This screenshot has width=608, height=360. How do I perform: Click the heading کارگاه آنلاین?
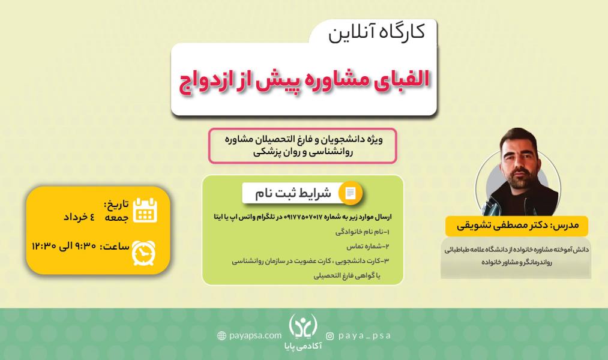coord(377,33)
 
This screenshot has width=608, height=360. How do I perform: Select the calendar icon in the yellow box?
coord(145,210)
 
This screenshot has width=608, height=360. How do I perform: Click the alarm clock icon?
coord(143,253)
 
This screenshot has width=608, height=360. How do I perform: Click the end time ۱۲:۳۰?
coord(44,245)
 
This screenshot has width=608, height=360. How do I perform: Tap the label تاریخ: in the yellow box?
coord(116,204)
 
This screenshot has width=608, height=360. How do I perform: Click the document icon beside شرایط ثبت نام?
coord(350,193)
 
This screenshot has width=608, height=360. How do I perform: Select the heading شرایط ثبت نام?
coord(293,193)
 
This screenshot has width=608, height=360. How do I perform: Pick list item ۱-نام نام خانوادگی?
coord(362,232)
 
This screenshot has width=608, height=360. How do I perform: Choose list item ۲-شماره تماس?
coord(367,246)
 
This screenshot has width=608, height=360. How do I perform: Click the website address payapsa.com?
coord(255,335)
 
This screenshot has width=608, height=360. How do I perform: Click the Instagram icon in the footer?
coord(330,336)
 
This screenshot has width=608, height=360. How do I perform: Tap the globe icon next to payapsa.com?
coord(222,335)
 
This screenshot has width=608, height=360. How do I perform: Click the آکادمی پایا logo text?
coord(303,346)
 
